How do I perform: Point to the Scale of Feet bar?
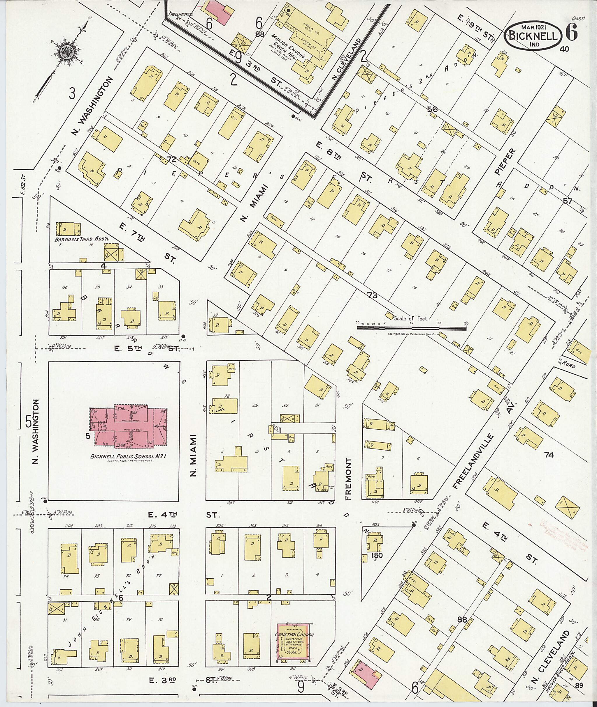(x=411, y=327)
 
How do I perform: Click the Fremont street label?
(x=349, y=479)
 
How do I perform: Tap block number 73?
(x=372, y=296)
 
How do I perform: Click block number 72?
(x=172, y=159)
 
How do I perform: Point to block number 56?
(x=432, y=109)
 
